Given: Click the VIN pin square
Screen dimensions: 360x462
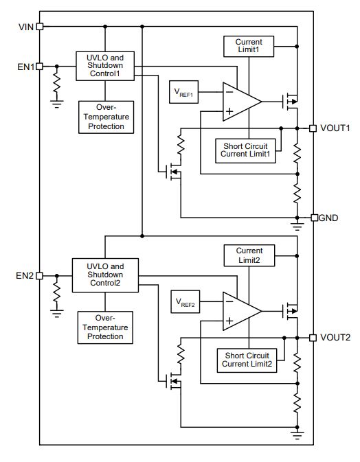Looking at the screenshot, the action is click(x=40, y=27).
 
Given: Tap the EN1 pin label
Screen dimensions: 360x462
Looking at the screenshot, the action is click(x=26, y=67).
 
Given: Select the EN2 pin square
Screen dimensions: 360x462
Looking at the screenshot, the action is click(x=39, y=276).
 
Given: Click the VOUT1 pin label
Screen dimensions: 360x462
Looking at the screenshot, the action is click(x=335, y=128).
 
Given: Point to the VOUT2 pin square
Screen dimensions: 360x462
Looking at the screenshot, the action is click(x=313, y=338).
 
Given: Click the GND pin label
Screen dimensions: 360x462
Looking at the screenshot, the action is click(x=328, y=218).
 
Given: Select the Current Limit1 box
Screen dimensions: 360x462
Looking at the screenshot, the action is click(x=249, y=46).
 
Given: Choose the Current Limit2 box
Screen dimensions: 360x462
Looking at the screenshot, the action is click(x=249, y=255).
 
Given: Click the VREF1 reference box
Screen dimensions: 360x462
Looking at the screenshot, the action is click(x=183, y=92).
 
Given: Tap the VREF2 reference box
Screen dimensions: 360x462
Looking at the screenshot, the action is click(x=185, y=302).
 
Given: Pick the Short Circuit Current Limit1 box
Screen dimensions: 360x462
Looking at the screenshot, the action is click(x=245, y=151).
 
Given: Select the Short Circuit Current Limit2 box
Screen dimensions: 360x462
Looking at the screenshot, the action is click(x=247, y=360).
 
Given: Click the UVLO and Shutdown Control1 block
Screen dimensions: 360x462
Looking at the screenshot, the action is click(x=105, y=66).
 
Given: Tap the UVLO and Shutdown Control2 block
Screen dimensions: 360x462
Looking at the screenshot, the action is click(x=105, y=275).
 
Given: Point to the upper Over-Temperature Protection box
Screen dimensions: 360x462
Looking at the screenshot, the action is click(x=106, y=117).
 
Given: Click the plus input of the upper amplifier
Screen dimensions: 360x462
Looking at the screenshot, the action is click(x=229, y=111).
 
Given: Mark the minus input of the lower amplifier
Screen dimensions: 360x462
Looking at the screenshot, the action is click(x=229, y=301).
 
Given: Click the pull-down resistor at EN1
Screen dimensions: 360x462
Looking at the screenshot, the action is click(x=56, y=83).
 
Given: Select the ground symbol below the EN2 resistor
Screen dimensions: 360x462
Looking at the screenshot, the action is click(x=56, y=313).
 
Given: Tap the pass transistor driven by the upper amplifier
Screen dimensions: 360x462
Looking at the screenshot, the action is click(x=290, y=102).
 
